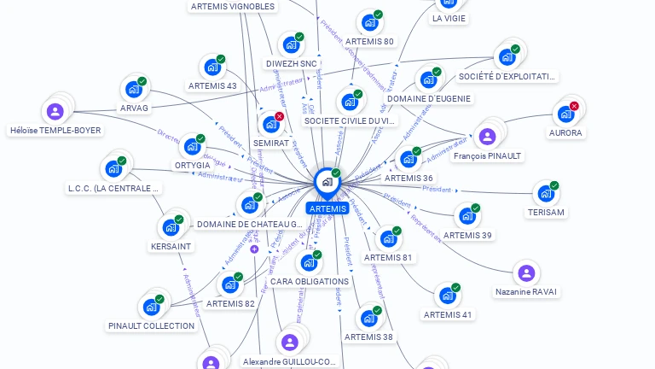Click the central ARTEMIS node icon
click(327, 181)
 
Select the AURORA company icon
click(565, 113)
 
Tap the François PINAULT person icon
click(487, 136)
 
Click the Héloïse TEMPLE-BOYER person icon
click(55, 111)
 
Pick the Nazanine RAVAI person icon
click(526, 272)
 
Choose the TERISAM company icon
click(546, 193)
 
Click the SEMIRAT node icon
click(271, 124)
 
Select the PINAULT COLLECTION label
click(152, 325)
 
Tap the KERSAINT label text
click(171, 246)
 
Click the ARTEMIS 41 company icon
click(448, 296)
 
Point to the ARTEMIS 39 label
click(467, 235)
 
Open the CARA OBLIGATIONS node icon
click(309, 262)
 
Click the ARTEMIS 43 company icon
click(212, 67)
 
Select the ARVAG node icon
click(134, 88)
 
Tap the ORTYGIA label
click(192, 165)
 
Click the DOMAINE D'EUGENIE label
click(429, 99)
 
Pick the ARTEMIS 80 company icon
click(369, 22)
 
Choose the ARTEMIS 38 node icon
click(369, 318)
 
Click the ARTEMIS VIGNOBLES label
click(233, 6)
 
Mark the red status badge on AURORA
click(574, 106)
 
